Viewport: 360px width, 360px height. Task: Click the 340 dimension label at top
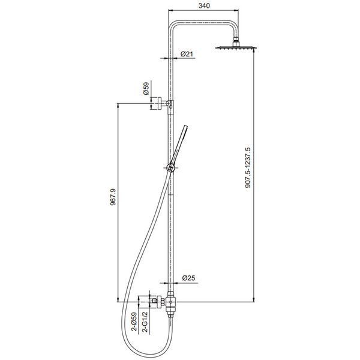pyautogui.click(x=204, y=5)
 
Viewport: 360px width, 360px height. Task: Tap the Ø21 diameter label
pyautogui.click(x=187, y=54)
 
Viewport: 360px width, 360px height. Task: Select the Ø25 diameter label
pyautogui.click(x=188, y=278)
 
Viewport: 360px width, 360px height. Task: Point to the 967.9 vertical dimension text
pyautogui.click(x=113, y=197)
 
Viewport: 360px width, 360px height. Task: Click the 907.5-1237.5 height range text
pyautogui.click(x=248, y=167)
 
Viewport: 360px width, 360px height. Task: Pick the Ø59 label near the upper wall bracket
pyautogui.click(x=146, y=88)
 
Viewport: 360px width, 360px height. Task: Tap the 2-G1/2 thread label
pyautogui.click(x=145, y=322)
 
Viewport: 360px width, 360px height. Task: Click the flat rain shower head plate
pyautogui.click(x=236, y=48)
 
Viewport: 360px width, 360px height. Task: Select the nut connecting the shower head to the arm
pyautogui.click(x=236, y=43)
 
